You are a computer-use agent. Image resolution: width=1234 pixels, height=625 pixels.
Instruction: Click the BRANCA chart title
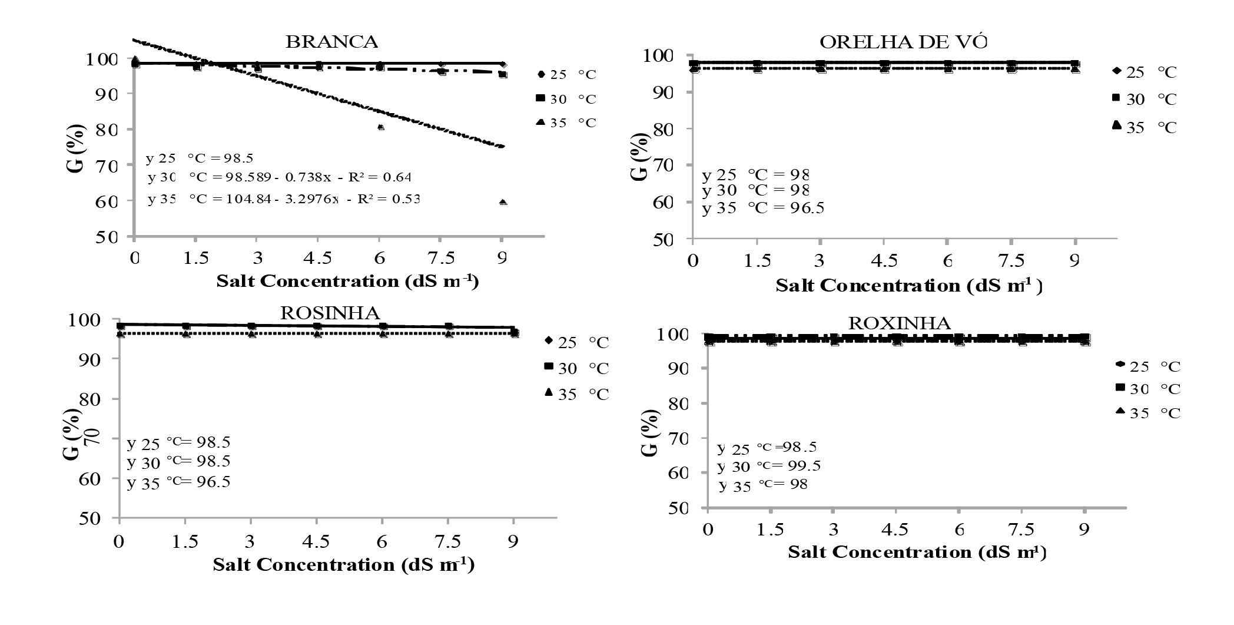coord(331,42)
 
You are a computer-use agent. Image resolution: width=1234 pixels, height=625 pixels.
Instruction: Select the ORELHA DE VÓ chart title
coord(903,42)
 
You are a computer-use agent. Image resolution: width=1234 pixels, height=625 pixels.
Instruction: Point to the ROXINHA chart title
coord(899,323)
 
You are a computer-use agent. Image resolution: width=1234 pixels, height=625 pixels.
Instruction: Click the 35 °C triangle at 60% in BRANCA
coord(503,202)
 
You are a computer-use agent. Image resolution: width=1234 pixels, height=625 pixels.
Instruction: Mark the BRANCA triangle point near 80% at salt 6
coord(381,127)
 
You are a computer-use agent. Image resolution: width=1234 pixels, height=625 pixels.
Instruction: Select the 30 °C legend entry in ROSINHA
coord(576,368)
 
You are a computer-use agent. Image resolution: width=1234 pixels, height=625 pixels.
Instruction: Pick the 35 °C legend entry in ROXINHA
coord(1148,413)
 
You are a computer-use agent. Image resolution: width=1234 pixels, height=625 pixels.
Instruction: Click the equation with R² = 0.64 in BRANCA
coord(280,177)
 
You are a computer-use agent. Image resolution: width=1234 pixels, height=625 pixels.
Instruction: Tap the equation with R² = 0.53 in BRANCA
coord(284,200)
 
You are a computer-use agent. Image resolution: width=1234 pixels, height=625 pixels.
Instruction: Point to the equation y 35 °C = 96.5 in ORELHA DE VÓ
coord(763,208)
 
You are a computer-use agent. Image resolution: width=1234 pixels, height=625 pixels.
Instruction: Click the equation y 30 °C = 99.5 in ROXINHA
coord(769,466)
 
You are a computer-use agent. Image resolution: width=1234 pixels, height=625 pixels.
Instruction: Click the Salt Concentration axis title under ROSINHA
coord(344,564)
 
